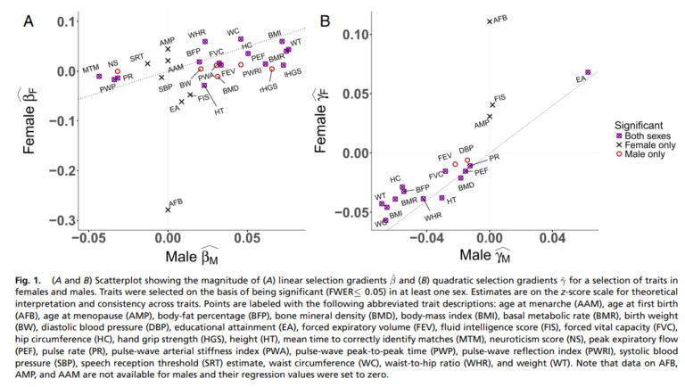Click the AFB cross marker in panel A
[x=167, y=210]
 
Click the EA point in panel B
[x=587, y=72]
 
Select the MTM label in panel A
[x=91, y=69]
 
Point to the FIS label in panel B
[x=500, y=97]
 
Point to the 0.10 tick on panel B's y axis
[x=357, y=35]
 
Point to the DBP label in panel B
[x=466, y=149]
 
